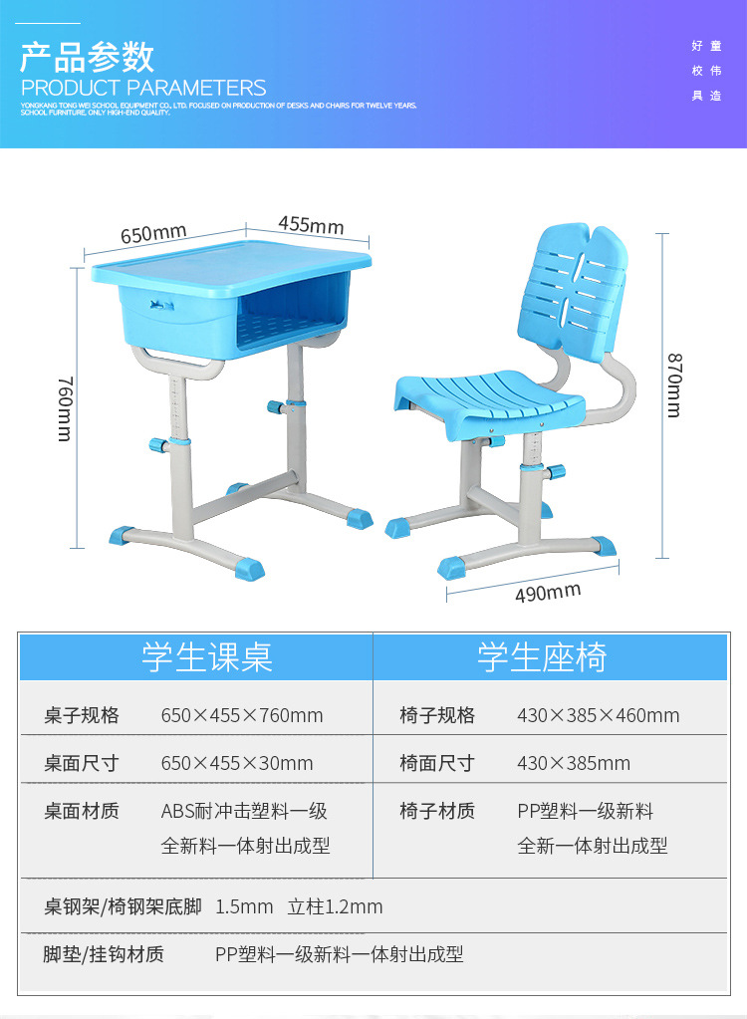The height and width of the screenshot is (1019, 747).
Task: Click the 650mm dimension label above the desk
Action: click(x=153, y=234)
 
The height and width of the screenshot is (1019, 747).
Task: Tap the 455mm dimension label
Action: click(x=311, y=224)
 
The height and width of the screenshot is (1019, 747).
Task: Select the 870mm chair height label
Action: click(x=675, y=384)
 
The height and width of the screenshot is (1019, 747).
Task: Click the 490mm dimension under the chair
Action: click(x=548, y=593)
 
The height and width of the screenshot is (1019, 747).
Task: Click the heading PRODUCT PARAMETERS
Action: click(x=143, y=88)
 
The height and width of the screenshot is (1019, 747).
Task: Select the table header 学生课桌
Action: click(x=206, y=657)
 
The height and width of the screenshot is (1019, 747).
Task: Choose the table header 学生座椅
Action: click(x=542, y=657)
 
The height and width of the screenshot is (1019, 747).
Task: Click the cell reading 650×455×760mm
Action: click(x=242, y=715)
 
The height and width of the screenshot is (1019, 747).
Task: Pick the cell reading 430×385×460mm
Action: click(x=598, y=715)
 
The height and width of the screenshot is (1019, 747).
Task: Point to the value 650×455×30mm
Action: click(x=237, y=763)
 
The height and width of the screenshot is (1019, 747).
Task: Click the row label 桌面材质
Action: click(x=81, y=811)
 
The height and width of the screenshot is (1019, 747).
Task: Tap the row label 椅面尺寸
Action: click(x=437, y=763)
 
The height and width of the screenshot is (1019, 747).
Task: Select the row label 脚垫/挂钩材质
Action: click(x=104, y=954)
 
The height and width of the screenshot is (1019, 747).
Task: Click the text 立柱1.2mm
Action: click(x=335, y=906)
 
